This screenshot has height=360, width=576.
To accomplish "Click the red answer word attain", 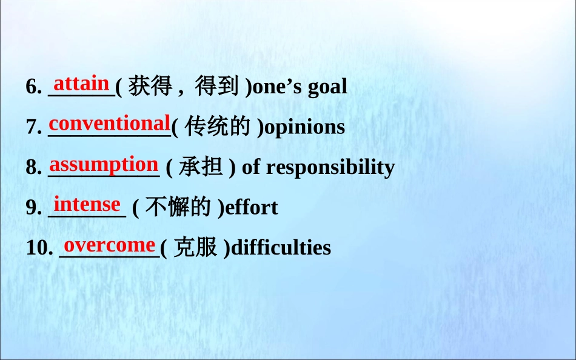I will point(81,83).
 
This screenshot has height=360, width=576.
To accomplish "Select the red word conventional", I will point(109,124).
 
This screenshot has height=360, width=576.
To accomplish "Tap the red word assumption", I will point(104,164).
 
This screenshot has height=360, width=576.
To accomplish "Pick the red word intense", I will point(87,204).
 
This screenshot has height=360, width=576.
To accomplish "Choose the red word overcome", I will point(110,245).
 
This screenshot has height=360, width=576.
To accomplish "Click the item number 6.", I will point(33,87).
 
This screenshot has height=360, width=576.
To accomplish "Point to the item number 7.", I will point(33,127).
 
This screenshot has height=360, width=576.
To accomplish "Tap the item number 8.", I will point(33,168).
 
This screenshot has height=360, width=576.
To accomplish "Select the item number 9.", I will point(33,208).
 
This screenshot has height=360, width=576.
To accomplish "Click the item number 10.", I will point(39,248).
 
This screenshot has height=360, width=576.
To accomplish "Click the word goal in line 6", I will point(327,87).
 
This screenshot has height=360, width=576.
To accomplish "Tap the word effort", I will point(252,208).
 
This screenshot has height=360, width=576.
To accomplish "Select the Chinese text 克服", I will point(195,247).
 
